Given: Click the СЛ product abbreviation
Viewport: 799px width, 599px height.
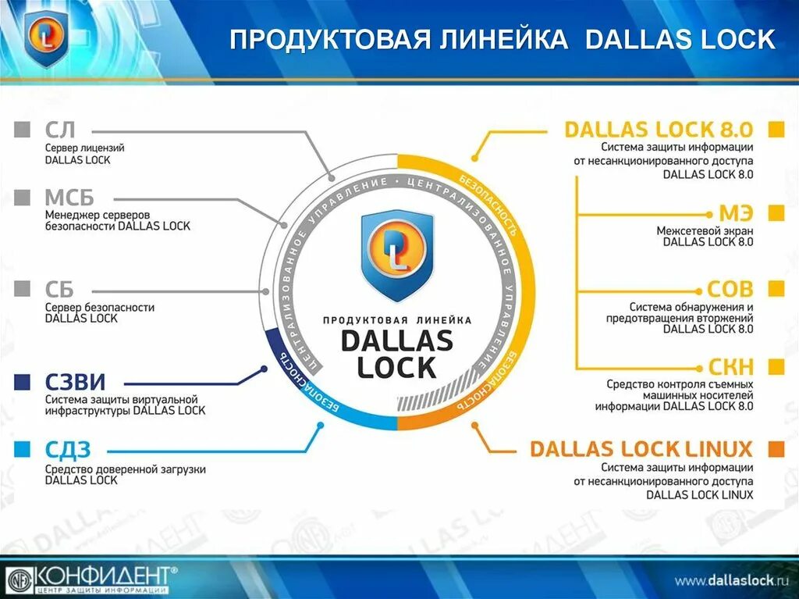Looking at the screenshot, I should coord(60,130).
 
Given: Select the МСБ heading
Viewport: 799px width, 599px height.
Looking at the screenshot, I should coord(69,197).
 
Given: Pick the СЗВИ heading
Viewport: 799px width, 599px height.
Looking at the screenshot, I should coord(75,383).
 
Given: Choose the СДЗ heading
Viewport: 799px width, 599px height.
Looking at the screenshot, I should coord(68,449).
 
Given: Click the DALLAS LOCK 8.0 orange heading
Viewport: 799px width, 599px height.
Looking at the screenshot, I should coord(659,130).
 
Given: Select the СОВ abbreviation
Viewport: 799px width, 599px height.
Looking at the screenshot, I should coord(730,290).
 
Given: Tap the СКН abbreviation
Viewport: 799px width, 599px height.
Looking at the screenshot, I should coord(731,367).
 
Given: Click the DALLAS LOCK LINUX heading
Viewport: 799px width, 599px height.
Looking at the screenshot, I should coord(641,449).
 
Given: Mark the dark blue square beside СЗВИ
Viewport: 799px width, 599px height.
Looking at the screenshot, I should coord(23,382).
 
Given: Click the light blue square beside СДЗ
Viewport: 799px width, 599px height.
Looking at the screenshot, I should coord(23,449).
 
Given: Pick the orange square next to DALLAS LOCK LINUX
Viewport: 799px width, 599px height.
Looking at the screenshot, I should coord(776,449).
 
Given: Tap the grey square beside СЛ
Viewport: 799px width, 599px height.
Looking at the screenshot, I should coord(23,130).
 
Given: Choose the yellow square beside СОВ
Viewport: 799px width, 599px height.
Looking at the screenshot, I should coord(776,290).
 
